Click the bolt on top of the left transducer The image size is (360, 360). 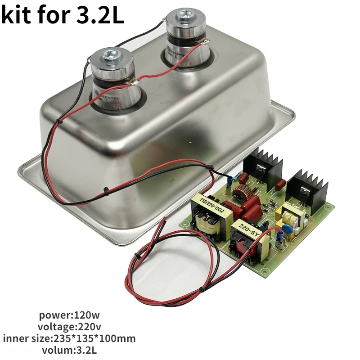coord(110,55)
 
